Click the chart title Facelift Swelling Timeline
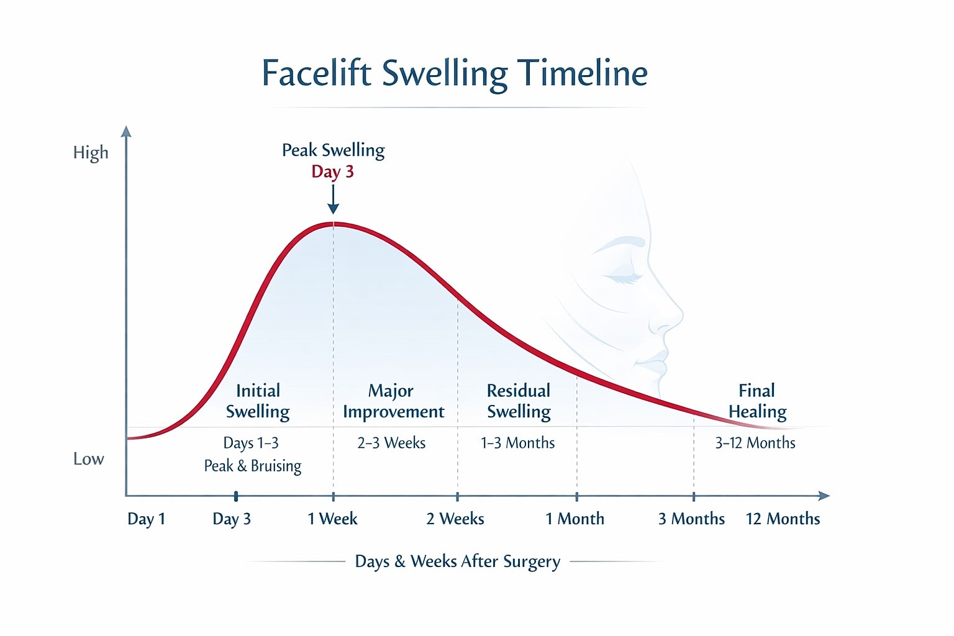455,73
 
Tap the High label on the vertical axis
91,153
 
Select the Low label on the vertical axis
89,459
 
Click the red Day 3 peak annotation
332,171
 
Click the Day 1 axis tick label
146,519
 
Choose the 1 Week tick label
332,519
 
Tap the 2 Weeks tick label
455,519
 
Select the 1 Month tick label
575,519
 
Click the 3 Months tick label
691,519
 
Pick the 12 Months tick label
783,519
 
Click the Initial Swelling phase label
258,401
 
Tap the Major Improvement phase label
393,401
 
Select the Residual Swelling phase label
519,401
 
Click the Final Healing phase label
757,401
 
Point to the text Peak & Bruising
253,466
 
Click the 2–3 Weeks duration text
391,443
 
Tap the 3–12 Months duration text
755,443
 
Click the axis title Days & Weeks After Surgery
457,561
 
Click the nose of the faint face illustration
671,317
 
